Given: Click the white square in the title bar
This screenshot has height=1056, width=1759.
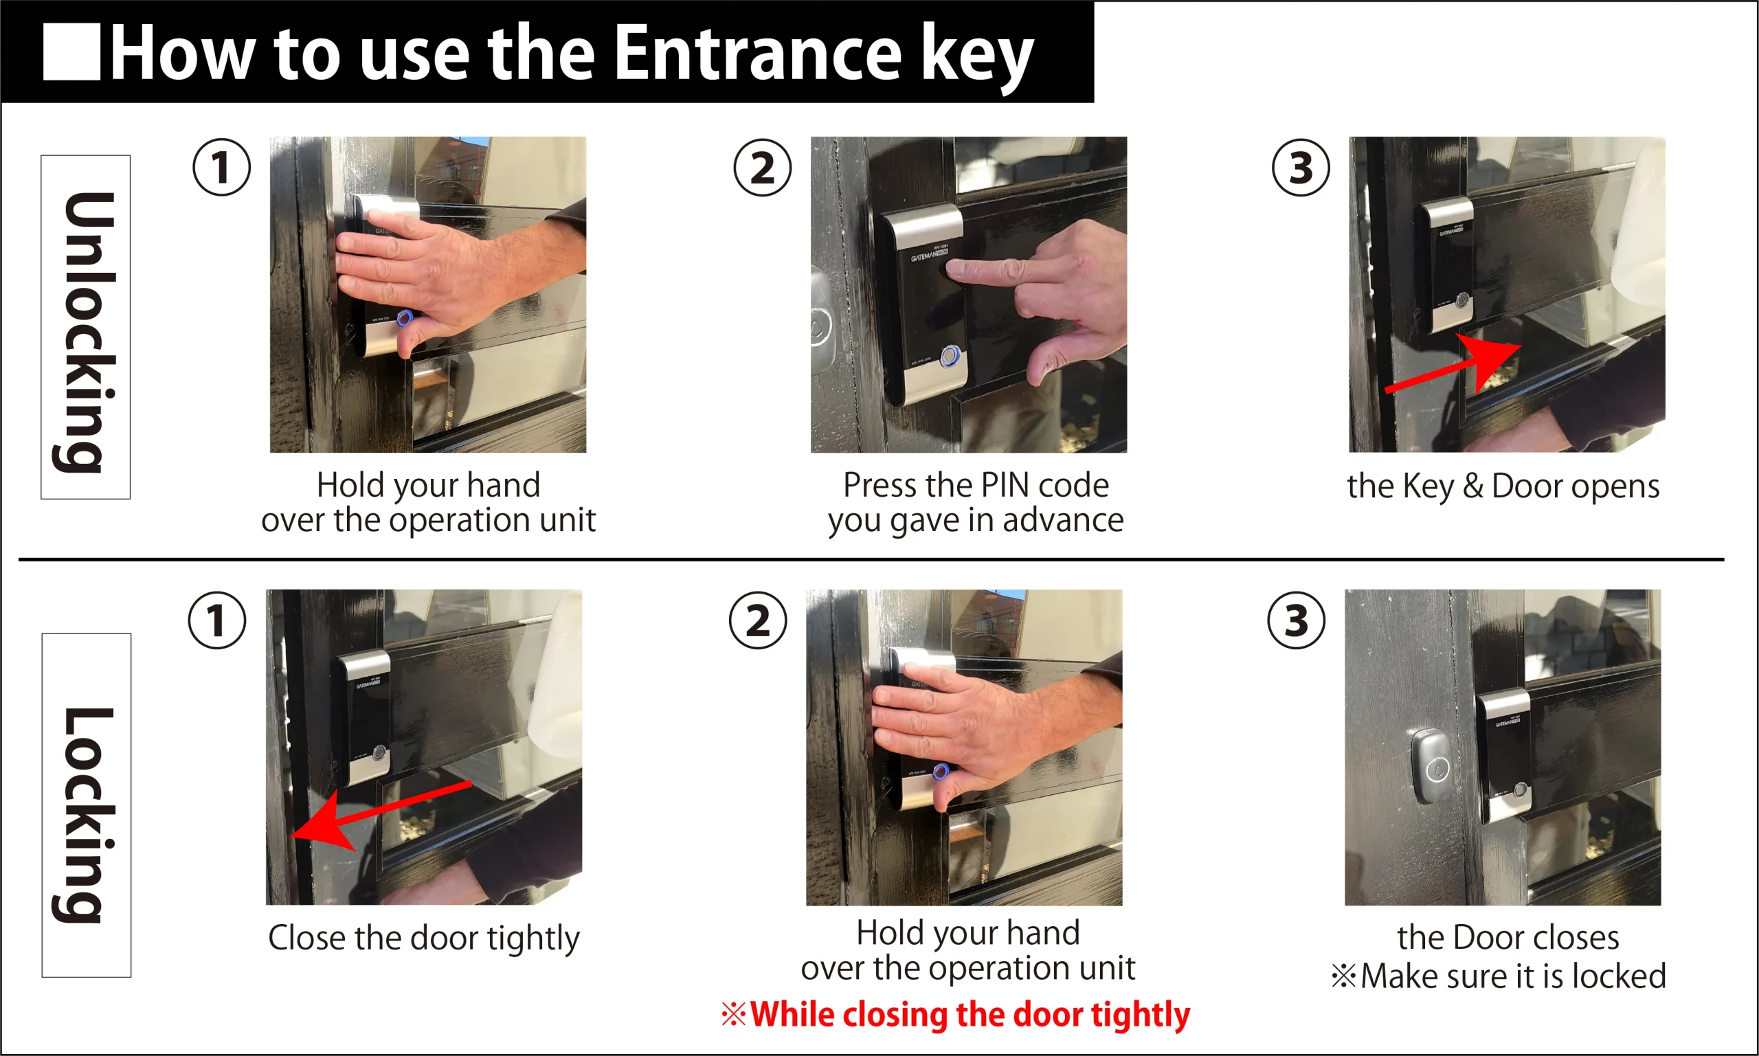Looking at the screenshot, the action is point(71,52).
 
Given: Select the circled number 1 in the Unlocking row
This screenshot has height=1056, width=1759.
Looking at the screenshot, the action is point(221,167).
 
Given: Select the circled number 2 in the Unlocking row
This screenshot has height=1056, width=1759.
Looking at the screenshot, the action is point(762,167).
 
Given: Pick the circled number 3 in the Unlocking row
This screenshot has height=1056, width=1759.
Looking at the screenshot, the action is point(1301,167).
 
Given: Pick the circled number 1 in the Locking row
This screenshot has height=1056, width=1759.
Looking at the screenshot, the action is point(217,620).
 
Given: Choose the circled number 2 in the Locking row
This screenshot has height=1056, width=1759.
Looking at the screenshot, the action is point(758,620).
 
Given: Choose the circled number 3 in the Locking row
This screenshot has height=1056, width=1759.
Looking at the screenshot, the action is point(1297,620).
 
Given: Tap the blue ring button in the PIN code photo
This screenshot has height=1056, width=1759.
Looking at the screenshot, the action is point(951,356).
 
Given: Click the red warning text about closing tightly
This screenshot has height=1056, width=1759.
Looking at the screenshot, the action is point(956,1013).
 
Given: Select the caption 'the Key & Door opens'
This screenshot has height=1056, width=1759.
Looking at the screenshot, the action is point(1503,486).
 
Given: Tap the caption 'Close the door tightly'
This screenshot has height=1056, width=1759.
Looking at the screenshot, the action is point(424,939).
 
